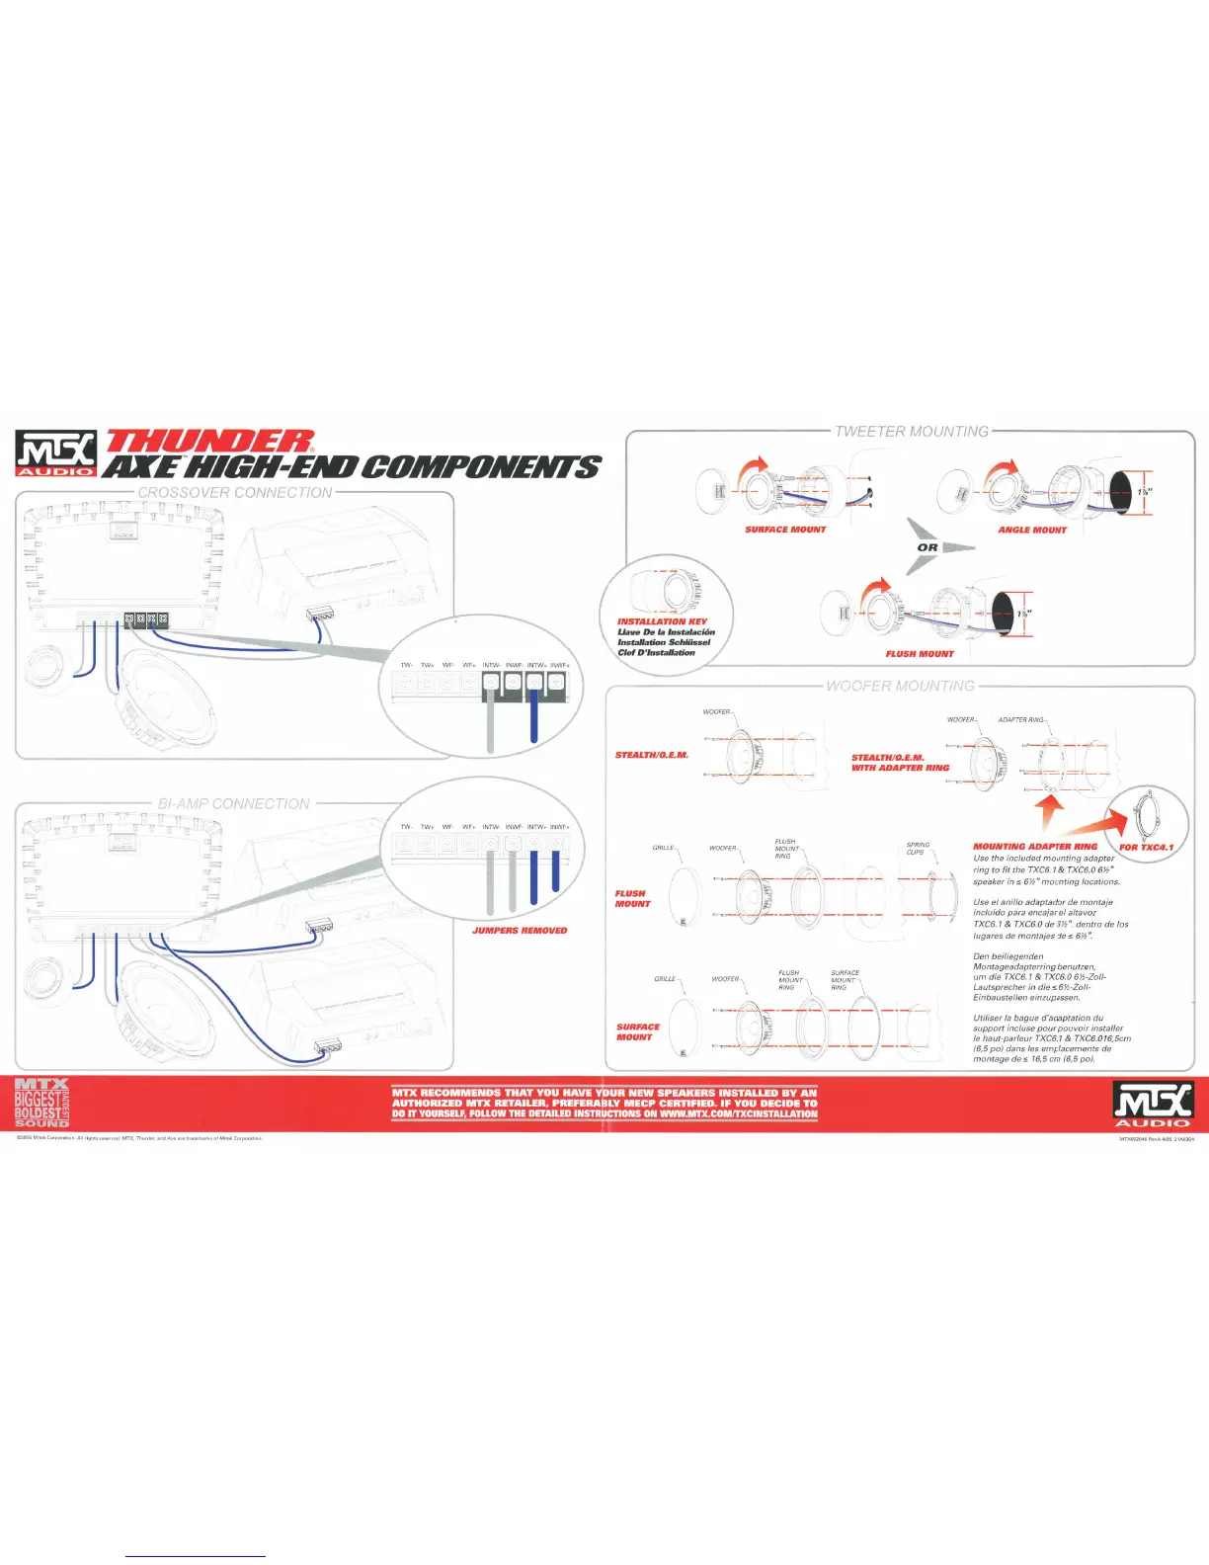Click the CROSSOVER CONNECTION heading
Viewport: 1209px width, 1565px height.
pos(235,492)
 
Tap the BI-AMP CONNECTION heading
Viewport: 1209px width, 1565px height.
pos(234,804)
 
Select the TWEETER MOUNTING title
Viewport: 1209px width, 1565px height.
pos(911,432)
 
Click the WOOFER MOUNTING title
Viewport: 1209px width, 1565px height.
pos(900,686)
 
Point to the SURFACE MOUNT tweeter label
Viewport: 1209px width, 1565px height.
pos(785,530)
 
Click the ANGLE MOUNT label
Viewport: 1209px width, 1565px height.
pos(1032,531)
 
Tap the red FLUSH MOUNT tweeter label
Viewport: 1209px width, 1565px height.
pos(920,654)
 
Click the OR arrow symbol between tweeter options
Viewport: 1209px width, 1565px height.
pos(928,547)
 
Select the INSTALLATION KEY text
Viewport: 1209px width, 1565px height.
pos(662,621)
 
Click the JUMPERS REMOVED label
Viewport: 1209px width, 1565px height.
pos(520,931)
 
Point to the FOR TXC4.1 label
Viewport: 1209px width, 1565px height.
pos(1146,848)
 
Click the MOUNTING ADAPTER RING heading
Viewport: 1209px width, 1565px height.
pos(1035,847)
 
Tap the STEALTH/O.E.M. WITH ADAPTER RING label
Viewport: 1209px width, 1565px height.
pos(900,763)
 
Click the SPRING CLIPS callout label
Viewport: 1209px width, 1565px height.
pos(918,849)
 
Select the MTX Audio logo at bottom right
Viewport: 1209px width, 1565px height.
pos(1153,1104)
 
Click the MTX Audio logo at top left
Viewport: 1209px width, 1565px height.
pos(56,454)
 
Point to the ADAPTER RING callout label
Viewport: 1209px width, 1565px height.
pos(1021,720)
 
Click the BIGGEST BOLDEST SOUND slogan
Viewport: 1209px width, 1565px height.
pos(42,1104)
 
